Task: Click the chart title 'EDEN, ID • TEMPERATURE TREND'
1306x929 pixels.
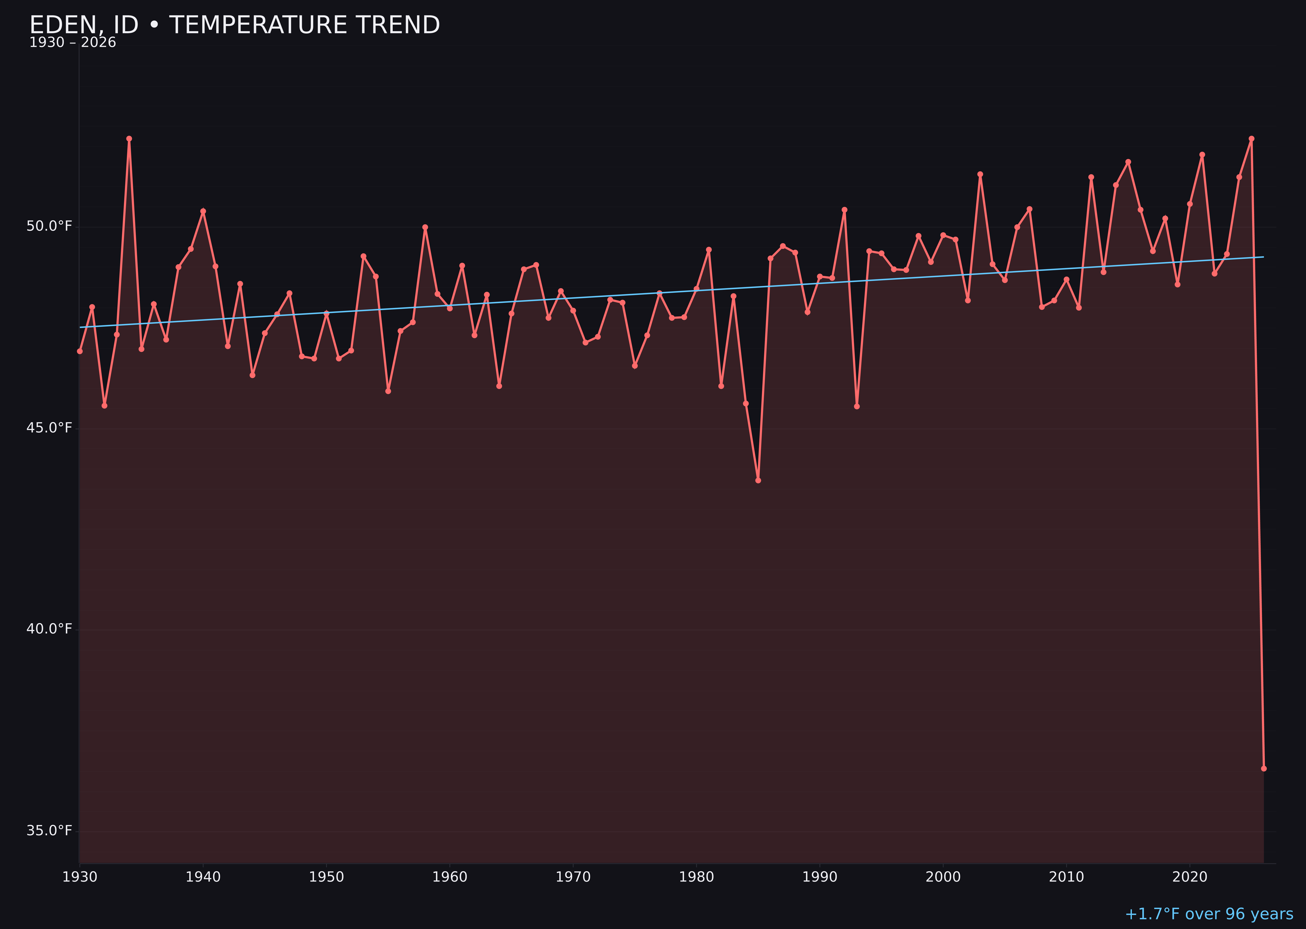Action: pyautogui.click(x=234, y=25)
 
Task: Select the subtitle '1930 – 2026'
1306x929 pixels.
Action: pyautogui.click(x=72, y=43)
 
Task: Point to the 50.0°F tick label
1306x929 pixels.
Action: pyautogui.click(x=49, y=226)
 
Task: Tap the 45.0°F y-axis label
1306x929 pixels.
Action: pyautogui.click(x=49, y=428)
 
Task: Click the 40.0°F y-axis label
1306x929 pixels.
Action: pyautogui.click(x=49, y=629)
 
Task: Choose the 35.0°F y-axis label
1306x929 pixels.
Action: pyautogui.click(x=49, y=831)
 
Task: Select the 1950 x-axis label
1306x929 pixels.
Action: pyautogui.click(x=326, y=877)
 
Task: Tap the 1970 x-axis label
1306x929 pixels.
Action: pyautogui.click(x=573, y=877)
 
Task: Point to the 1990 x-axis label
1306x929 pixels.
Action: pyautogui.click(x=820, y=877)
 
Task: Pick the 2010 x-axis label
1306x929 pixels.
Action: pyautogui.click(x=1066, y=877)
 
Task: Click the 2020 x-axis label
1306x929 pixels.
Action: pyautogui.click(x=1190, y=877)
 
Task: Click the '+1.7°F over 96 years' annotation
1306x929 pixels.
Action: pyautogui.click(x=1209, y=914)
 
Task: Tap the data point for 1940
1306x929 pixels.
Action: pyautogui.click(x=203, y=211)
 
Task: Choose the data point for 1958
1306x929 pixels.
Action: pyautogui.click(x=425, y=227)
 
